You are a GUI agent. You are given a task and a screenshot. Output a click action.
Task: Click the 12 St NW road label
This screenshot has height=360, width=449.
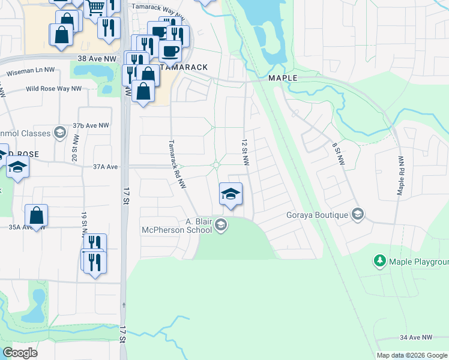245,153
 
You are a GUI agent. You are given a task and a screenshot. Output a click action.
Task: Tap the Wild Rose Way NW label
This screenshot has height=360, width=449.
53,89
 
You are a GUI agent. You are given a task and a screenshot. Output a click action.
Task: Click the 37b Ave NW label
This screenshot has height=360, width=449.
90,125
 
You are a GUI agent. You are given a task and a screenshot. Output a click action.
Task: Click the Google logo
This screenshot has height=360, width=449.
19,352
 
